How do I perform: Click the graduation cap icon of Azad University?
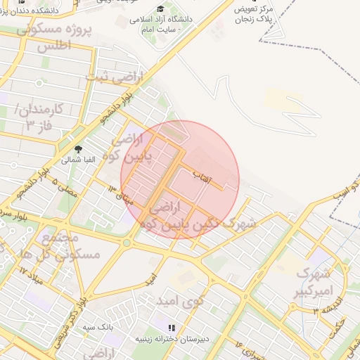click(160, 9)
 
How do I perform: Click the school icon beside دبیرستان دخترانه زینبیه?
click(171, 328)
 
